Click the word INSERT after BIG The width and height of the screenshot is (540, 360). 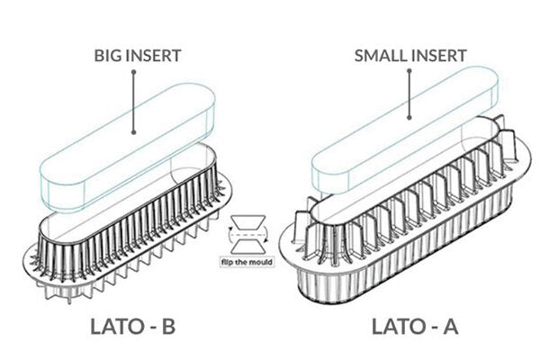click(153, 56)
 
